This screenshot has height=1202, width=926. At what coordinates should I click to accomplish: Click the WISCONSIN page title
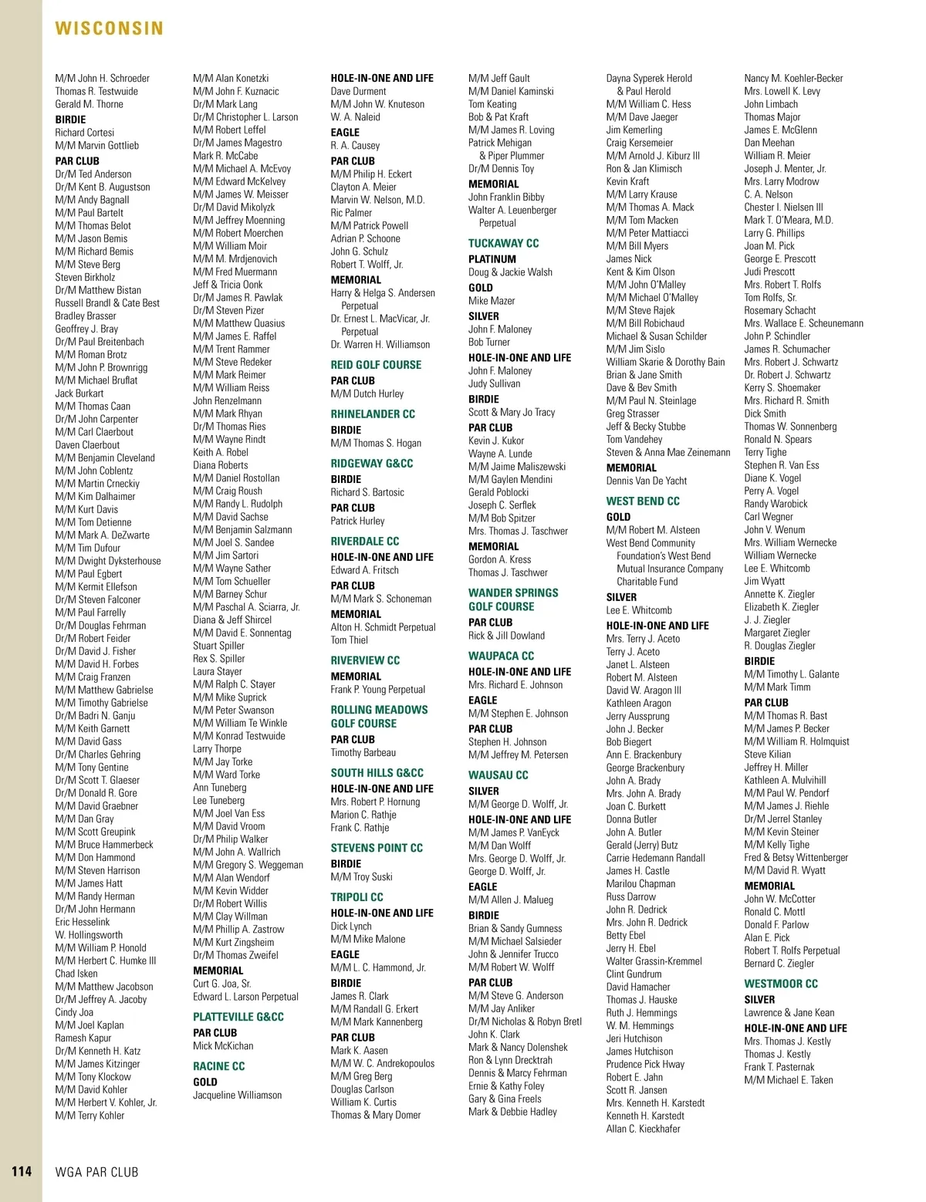110,29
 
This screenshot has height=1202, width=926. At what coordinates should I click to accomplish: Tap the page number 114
22,1171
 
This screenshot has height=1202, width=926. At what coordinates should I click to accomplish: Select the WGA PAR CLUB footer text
97,1172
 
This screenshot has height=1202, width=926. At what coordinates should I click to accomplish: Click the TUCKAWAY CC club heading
503,243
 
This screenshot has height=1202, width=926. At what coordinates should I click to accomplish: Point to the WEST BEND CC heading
643,501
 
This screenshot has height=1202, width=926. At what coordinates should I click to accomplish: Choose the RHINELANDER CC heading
373,414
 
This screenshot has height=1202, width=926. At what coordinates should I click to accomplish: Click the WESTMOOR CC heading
781,984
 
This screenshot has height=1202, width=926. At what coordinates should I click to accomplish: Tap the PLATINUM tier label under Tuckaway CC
492,259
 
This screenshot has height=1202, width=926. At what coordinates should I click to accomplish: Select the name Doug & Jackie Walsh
510,272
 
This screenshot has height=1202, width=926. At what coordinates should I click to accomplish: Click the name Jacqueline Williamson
237,1095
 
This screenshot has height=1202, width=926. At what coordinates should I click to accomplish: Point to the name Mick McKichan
223,1045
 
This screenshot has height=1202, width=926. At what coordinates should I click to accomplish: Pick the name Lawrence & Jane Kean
789,1012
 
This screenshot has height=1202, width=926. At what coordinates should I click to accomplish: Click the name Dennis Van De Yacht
646,481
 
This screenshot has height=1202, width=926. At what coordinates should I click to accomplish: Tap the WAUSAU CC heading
498,775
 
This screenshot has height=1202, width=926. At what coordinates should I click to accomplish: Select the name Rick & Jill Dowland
506,636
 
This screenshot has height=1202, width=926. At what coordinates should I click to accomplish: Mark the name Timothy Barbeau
363,752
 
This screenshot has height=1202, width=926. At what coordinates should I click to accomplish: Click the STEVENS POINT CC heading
377,848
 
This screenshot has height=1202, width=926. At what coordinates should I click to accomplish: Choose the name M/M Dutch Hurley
367,393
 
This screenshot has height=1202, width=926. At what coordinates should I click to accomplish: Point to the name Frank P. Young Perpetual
377,690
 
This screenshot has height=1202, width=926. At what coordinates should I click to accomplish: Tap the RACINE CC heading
218,1066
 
